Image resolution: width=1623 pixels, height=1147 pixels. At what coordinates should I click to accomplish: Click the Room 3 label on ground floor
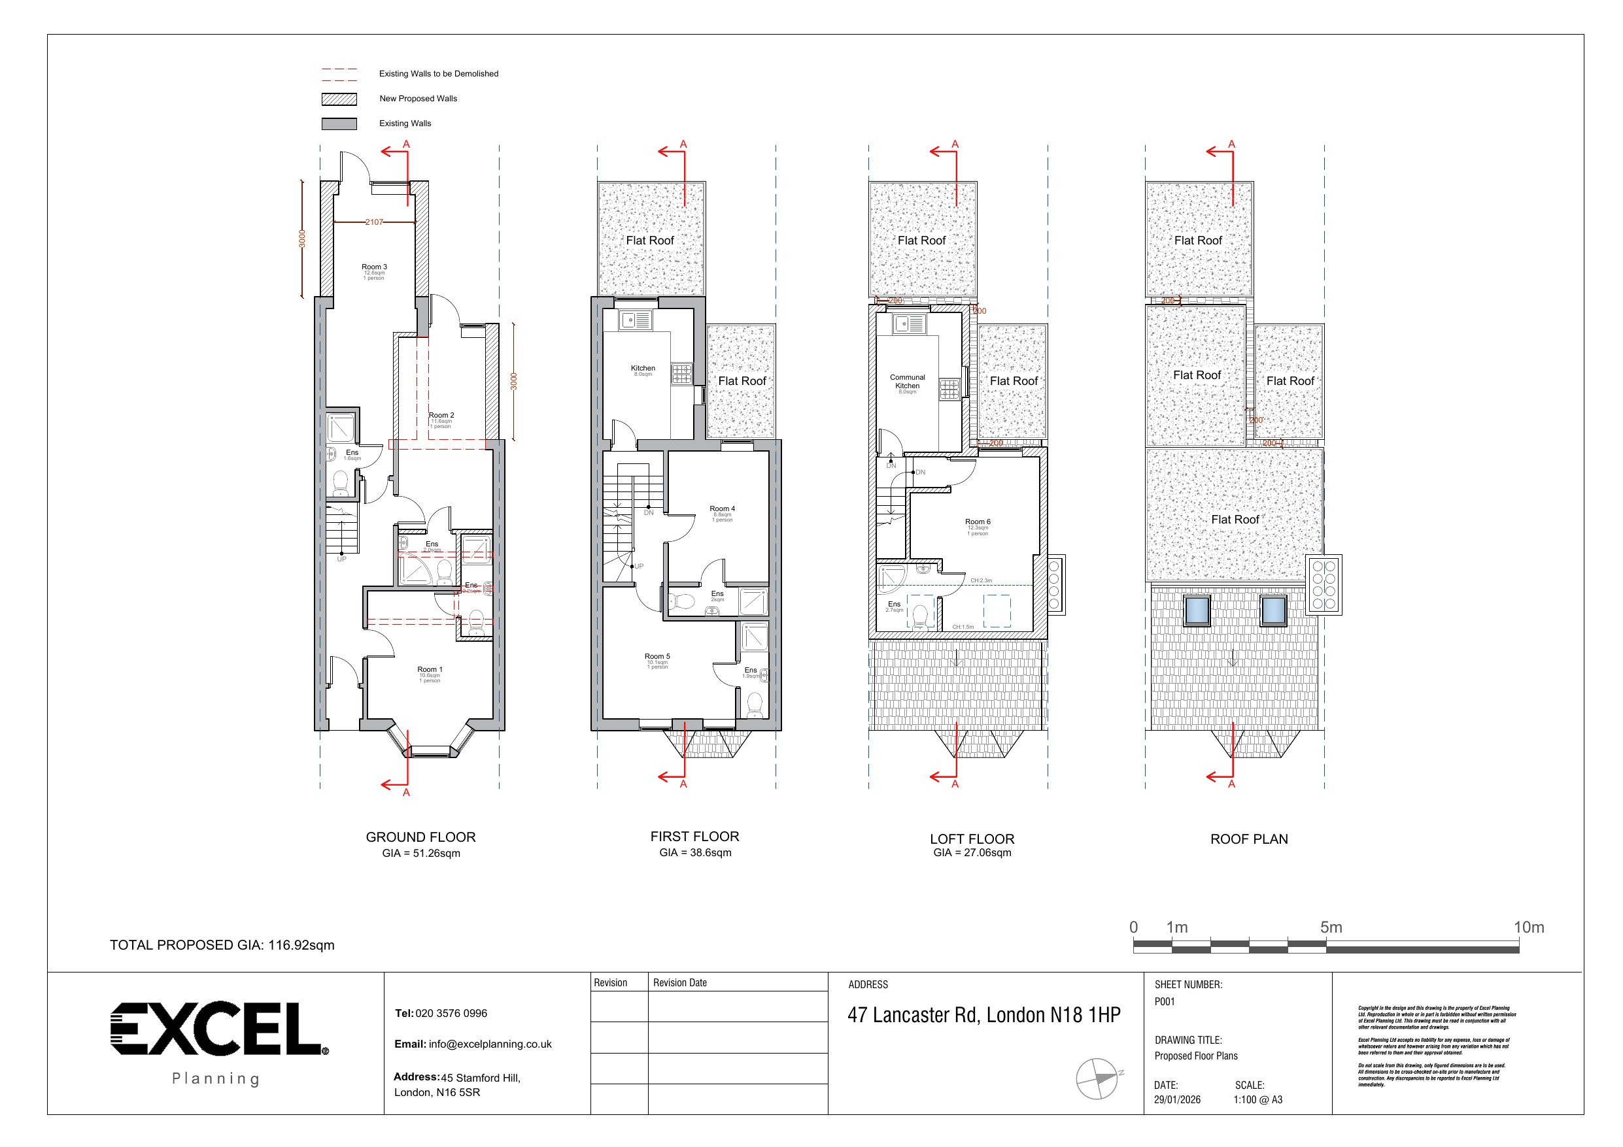tap(374, 267)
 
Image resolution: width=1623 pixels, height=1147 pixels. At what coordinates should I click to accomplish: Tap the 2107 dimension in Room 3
tap(374, 222)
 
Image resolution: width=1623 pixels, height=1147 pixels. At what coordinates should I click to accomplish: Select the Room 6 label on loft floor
tap(978, 522)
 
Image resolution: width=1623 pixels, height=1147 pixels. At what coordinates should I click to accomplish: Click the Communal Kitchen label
tap(907, 382)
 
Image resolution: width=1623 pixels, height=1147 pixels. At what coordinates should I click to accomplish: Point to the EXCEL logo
tap(216, 1028)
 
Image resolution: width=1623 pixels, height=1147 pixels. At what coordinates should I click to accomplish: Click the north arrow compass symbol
tap(1097, 1078)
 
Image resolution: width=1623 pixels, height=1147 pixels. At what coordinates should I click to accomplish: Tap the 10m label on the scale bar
tap(1528, 927)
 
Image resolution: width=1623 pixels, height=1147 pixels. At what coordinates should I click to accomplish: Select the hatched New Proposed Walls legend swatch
tap(339, 99)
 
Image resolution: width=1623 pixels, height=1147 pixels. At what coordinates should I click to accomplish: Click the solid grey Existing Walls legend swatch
tap(339, 124)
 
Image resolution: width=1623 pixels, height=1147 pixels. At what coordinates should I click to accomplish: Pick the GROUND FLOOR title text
tap(420, 837)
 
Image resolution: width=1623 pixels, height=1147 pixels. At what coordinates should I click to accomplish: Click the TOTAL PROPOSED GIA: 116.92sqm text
tap(222, 945)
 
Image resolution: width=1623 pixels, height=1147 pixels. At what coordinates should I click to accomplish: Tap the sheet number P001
tap(1164, 1001)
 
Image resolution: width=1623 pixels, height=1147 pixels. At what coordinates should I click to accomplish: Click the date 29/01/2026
tap(1177, 1100)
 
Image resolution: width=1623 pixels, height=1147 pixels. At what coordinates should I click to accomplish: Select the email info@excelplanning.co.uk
tap(490, 1044)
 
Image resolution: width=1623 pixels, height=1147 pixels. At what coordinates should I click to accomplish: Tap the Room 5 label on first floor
tap(657, 657)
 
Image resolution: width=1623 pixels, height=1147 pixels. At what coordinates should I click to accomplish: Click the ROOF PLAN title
tap(1249, 839)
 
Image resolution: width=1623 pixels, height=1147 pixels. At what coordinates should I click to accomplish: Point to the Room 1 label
tap(430, 669)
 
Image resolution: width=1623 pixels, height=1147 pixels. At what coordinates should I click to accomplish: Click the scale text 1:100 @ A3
tap(1257, 1100)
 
